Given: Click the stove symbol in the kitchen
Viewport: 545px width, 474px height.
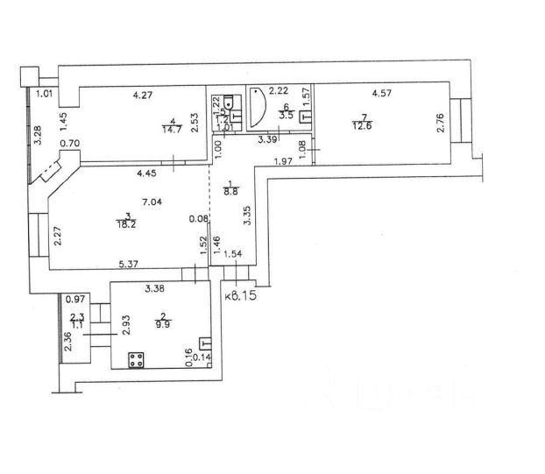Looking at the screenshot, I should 137,358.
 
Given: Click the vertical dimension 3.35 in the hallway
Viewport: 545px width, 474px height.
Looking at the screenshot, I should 248,215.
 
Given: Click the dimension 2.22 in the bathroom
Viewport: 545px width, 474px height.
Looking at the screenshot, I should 279,90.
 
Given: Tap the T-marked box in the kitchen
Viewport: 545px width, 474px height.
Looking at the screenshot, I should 203,343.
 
